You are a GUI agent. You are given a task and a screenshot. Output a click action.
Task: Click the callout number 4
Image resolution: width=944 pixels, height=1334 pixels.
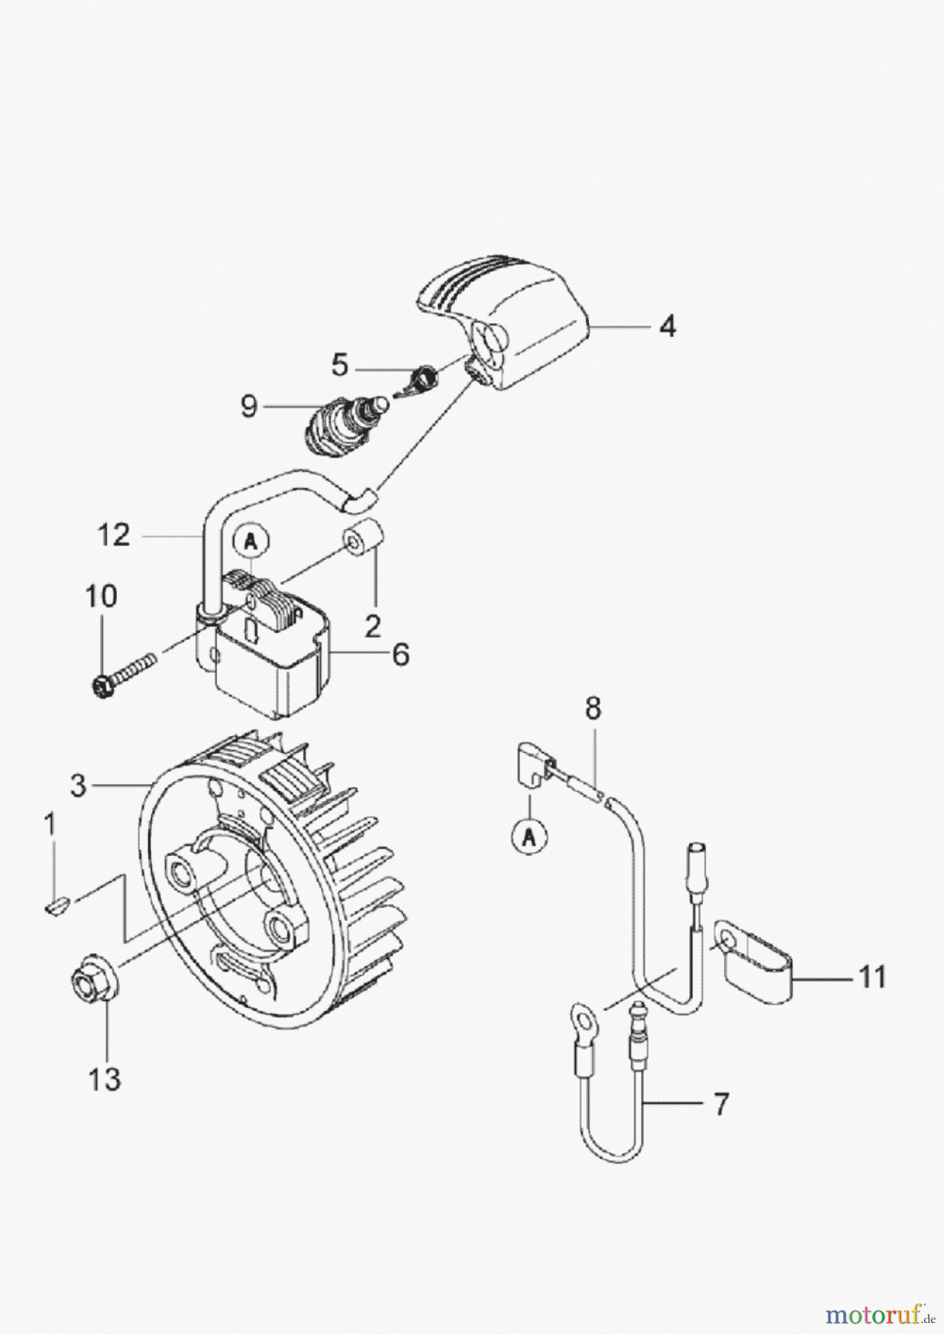[668, 327]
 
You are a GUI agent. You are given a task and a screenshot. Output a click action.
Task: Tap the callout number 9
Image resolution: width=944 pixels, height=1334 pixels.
[248, 406]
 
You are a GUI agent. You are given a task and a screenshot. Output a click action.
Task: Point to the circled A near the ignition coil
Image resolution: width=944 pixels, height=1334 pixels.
[251, 542]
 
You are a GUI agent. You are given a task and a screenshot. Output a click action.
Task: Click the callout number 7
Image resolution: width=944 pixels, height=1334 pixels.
[720, 1104]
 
